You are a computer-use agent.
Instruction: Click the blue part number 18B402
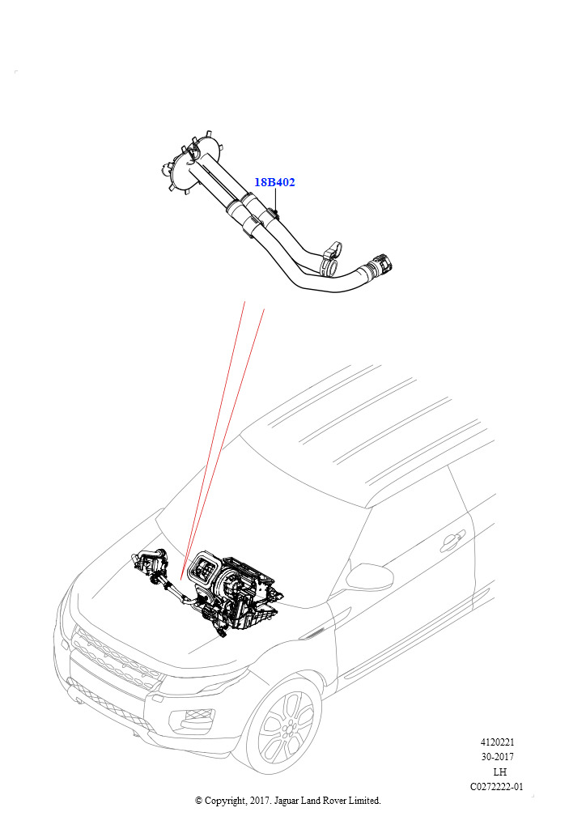pos(274,182)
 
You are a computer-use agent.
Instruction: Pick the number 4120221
pos(497,742)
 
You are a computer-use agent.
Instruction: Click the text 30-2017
pos(497,757)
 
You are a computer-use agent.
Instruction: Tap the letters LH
pos(499,772)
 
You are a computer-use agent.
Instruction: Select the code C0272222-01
pos(497,787)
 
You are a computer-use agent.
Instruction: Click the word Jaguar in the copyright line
pos(286,801)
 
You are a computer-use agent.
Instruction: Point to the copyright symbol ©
pos(198,801)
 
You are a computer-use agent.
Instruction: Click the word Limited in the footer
pos(363,801)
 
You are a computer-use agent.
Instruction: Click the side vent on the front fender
pos(315,633)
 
